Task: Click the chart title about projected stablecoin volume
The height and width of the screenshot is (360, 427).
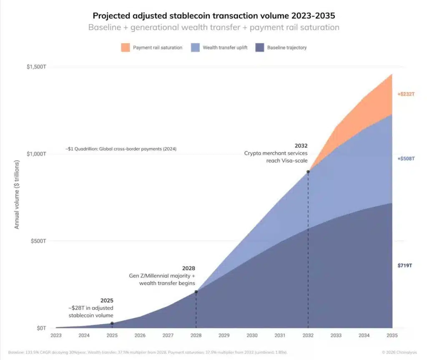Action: [x=213, y=16]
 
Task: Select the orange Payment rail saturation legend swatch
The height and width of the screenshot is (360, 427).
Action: [x=126, y=47]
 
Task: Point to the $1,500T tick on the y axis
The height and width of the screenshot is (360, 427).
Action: [x=36, y=67]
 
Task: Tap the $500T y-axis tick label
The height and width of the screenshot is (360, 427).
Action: [x=38, y=241]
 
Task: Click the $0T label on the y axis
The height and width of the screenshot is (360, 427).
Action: [x=41, y=328]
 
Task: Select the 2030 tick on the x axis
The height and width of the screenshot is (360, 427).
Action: [x=252, y=335]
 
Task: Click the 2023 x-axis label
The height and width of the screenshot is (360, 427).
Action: [x=56, y=335]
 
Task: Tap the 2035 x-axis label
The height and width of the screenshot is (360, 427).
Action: [x=392, y=335]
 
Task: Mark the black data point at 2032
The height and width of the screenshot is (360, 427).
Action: [x=308, y=172]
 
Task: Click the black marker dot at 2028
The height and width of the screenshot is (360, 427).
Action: [x=196, y=292]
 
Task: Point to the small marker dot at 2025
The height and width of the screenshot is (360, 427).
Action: [x=112, y=323]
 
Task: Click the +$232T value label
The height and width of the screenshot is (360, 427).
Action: [x=406, y=94]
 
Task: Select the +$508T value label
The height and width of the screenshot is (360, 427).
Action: [x=406, y=158]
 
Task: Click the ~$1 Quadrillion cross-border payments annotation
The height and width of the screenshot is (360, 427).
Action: [x=121, y=149]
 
